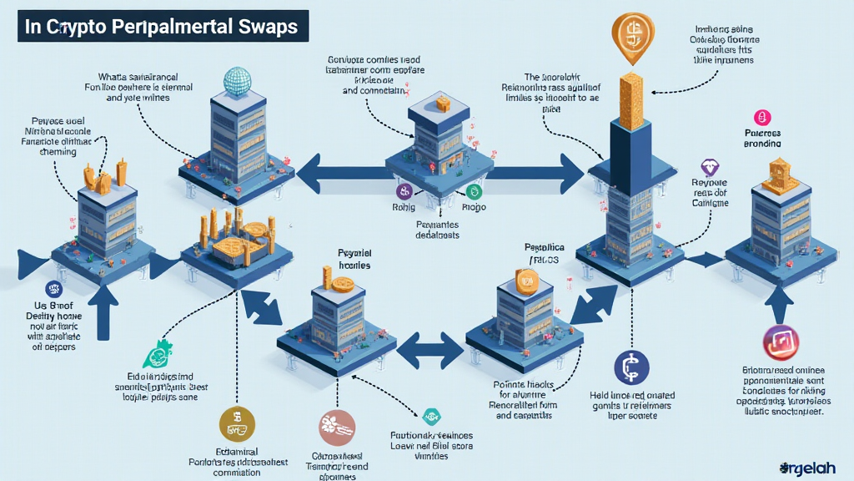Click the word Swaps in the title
264,26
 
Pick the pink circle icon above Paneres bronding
760,118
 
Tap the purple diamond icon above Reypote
710,165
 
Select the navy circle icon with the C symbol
631,368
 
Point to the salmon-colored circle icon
337,427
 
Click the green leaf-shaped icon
156,356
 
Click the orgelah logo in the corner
812,468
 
